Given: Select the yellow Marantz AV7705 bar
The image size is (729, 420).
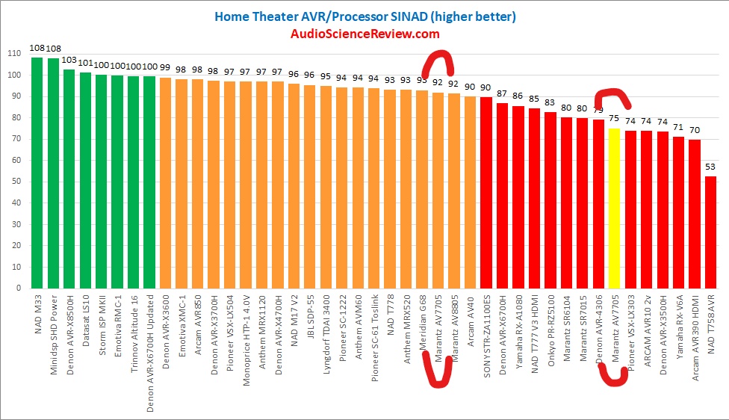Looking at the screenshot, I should (614, 209).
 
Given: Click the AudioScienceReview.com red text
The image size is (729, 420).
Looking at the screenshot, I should (364, 34).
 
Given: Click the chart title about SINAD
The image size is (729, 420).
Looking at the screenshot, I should (364, 16).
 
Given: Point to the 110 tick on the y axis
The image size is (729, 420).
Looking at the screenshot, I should (13, 54).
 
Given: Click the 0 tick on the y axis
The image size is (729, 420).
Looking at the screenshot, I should (17, 288).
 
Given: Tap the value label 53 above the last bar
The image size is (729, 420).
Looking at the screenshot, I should (710, 167).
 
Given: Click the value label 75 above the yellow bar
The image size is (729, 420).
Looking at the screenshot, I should (614, 118).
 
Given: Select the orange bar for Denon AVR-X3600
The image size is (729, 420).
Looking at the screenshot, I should (166, 183).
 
